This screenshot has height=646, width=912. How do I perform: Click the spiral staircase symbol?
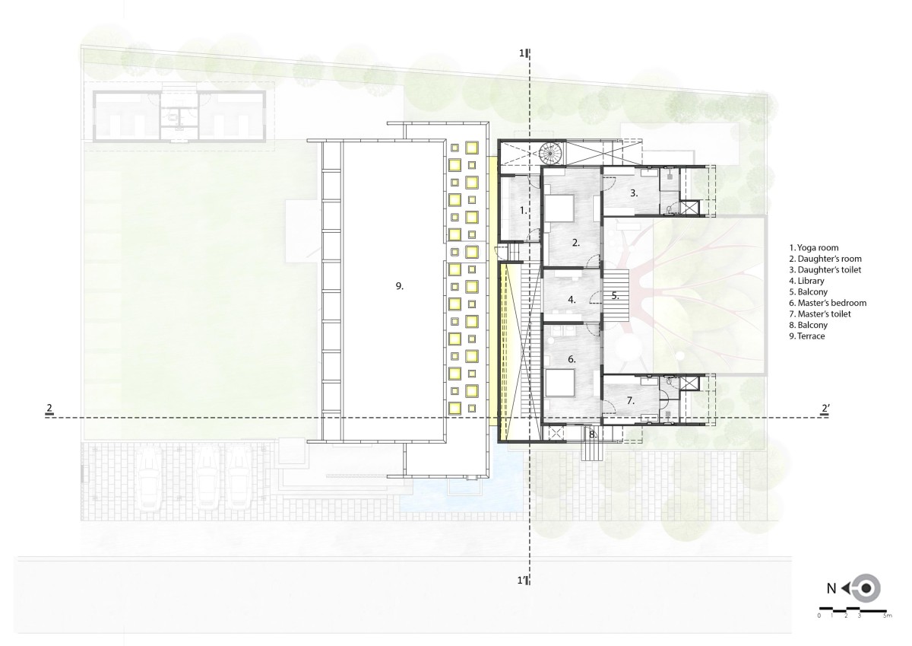(x=550, y=154)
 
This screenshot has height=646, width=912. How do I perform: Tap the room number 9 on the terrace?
(x=400, y=287)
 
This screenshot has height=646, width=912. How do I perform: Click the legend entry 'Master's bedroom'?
(x=828, y=303)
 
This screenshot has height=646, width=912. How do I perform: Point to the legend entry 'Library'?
(x=806, y=281)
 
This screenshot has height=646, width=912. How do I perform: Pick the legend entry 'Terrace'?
(x=807, y=336)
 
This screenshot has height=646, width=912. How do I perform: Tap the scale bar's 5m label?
(x=888, y=627)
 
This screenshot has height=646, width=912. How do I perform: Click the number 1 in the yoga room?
(x=523, y=211)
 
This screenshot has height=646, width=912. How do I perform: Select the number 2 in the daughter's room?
(x=576, y=243)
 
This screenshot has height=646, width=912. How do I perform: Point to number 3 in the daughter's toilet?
(x=634, y=193)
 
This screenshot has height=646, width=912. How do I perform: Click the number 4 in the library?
(x=572, y=300)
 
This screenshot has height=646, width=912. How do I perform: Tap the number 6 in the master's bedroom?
(x=572, y=359)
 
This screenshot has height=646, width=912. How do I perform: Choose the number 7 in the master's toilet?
(x=630, y=401)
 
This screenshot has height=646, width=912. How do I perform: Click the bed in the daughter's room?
(x=560, y=208)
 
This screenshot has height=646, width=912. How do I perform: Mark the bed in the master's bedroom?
(x=560, y=383)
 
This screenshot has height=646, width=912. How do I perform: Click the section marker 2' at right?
(x=825, y=409)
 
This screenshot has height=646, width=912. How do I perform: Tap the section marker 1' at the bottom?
(x=522, y=581)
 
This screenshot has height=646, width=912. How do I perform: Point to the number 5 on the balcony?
(x=615, y=296)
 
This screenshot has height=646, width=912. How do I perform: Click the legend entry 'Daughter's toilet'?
(x=825, y=270)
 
